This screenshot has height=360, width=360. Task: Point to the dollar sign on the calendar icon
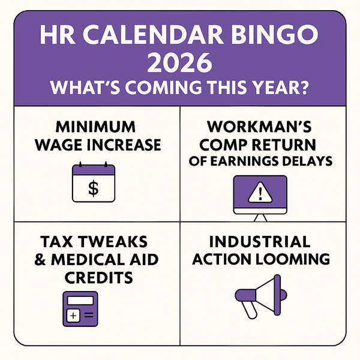coord(93,188)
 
